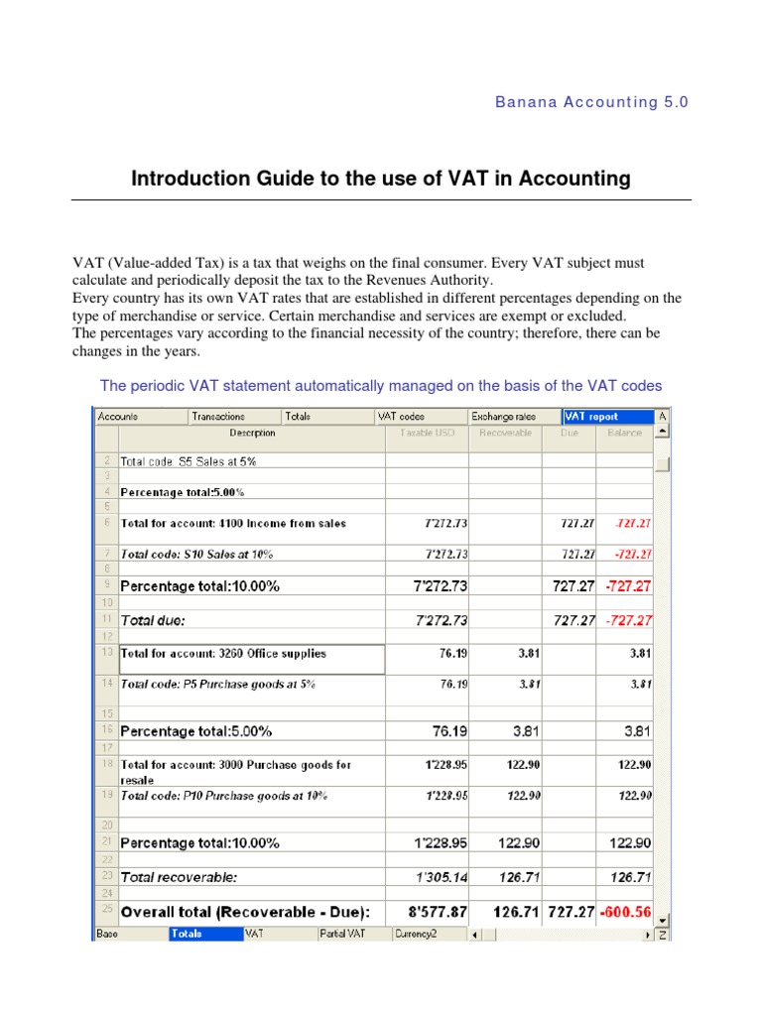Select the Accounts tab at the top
(118, 417)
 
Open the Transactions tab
(219, 417)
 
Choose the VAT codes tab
(403, 417)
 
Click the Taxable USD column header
(428, 433)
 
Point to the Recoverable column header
(505, 433)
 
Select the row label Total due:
(156, 620)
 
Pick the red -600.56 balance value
(626, 911)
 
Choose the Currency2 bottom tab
(416, 934)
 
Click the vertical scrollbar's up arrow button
(663, 432)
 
